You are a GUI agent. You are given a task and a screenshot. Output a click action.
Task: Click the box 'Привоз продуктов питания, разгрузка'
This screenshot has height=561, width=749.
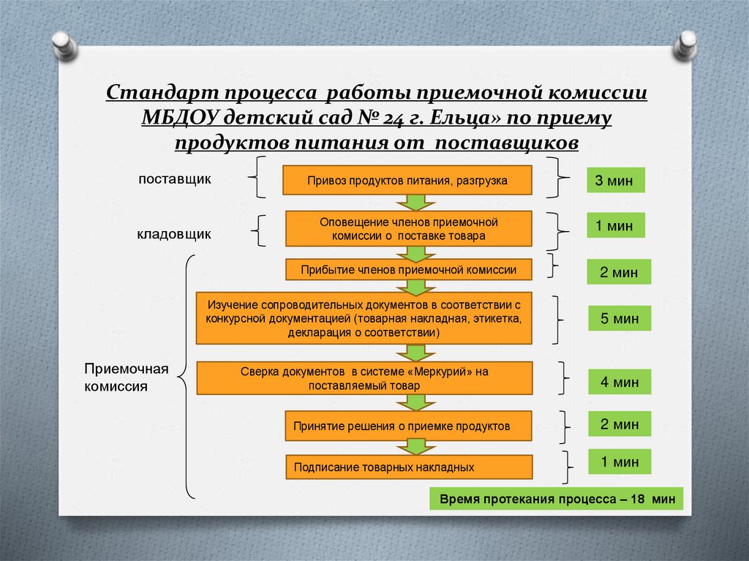(407, 180)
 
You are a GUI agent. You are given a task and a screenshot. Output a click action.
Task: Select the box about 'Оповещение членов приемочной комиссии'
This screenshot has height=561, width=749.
(408, 229)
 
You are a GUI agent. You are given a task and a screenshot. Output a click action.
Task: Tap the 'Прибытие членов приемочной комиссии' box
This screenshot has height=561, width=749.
(408, 270)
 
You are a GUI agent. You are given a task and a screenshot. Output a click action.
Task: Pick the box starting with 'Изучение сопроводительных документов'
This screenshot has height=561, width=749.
(364, 318)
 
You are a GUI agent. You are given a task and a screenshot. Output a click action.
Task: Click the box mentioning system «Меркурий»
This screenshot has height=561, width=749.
(364, 378)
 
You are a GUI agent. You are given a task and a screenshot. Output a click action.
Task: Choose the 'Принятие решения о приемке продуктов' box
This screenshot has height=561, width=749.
(408, 426)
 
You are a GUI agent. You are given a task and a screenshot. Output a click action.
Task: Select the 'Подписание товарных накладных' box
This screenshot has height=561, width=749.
(408, 467)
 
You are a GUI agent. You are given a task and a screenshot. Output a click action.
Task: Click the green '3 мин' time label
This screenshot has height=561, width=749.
(614, 180)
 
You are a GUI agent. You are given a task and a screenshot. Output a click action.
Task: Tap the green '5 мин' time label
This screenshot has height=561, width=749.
(620, 319)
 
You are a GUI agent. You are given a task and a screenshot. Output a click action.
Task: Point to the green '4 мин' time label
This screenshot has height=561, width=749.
(620, 382)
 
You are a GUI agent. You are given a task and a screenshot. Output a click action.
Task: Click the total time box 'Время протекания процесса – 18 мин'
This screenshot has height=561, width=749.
(556, 500)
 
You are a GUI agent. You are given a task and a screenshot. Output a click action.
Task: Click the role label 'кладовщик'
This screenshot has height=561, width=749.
(174, 234)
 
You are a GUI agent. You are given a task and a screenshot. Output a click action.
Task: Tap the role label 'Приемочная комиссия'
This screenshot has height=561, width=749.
(127, 377)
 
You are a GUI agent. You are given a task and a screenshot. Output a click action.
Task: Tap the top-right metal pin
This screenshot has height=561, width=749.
(687, 45)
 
